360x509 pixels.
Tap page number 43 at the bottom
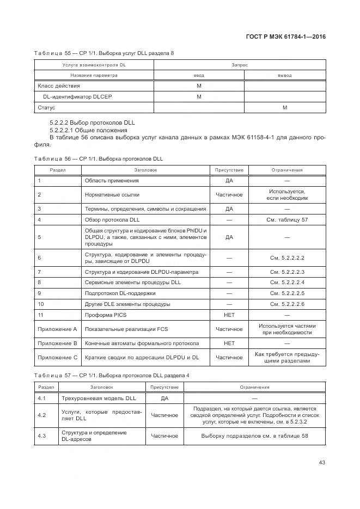[x=322, y=463]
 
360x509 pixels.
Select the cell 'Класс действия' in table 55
[x=58, y=86]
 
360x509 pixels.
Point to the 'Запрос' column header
[x=240, y=65]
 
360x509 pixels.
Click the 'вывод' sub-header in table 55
[x=284, y=75]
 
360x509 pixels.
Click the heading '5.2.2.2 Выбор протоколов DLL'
[x=92, y=122]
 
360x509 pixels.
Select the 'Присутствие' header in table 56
[x=229, y=170]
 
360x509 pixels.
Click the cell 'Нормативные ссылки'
[x=112, y=194]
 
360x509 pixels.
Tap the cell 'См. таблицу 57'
[x=286, y=220]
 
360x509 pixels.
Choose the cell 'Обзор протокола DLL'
[x=113, y=220]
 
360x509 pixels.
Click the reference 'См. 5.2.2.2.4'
[x=286, y=283]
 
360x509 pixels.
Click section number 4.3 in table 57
[x=41, y=436]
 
